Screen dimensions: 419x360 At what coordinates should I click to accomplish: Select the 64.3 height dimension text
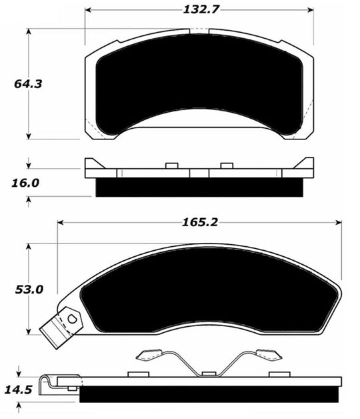pyautogui.click(x=25, y=84)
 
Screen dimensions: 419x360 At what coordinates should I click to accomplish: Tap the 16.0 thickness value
pyautogui.click(x=25, y=181)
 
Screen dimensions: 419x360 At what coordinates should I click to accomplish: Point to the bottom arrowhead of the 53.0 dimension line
pyautogui.click(x=29, y=332)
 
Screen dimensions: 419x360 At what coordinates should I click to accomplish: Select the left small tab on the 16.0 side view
pyautogui.click(x=170, y=165)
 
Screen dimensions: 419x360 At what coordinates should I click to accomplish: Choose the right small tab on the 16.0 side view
pyautogui.click(x=226, y=165)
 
